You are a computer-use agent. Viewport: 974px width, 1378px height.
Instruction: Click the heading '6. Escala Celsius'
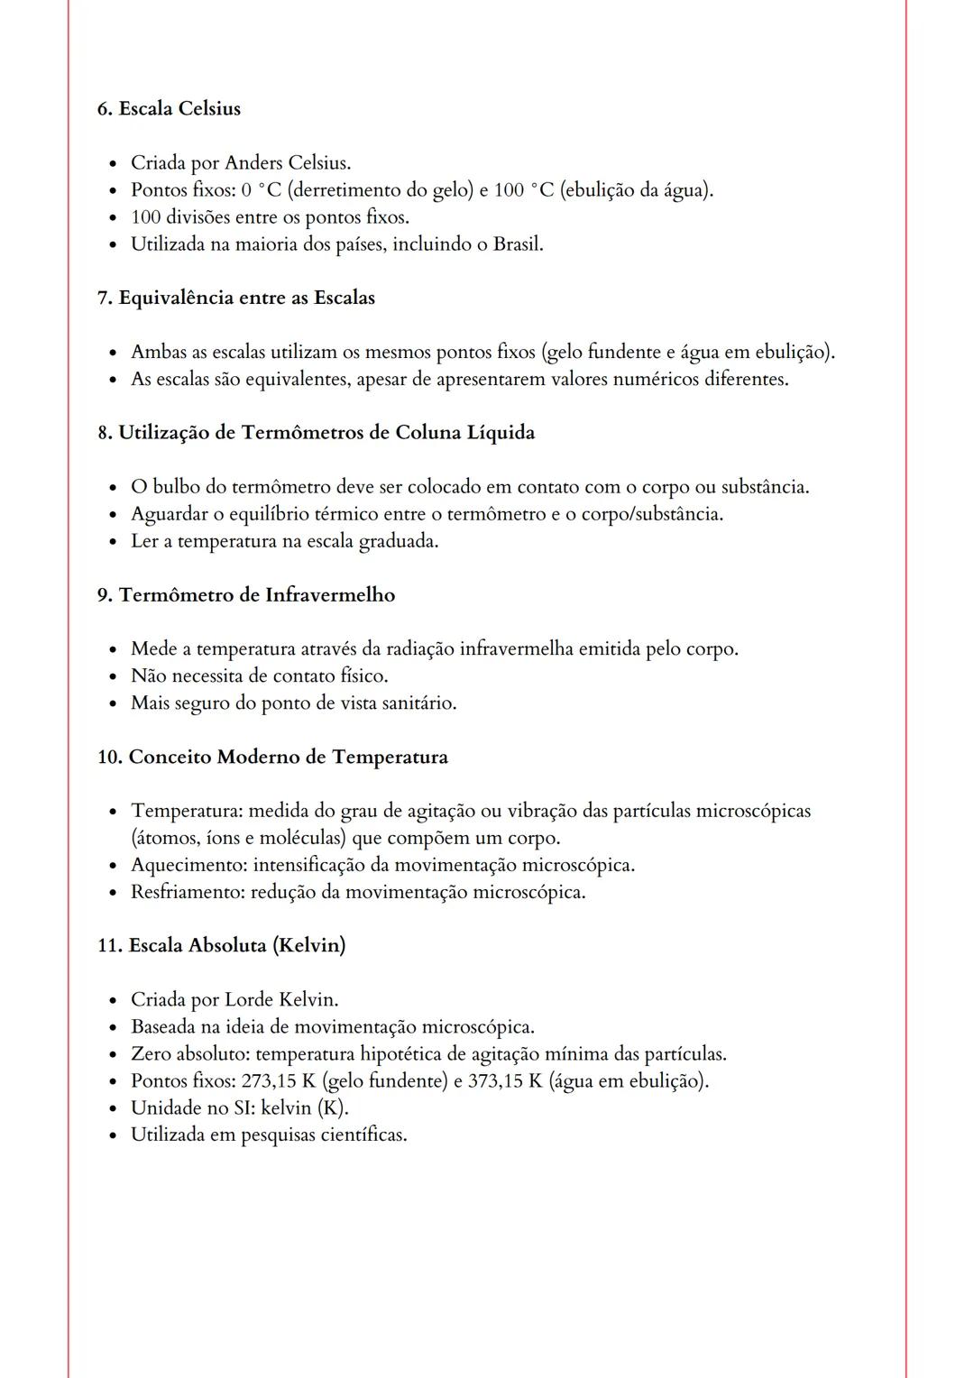pyautogui.click(x=169, y=108)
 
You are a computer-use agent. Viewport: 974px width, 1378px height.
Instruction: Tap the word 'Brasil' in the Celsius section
pyautogui.click(x=517, y=244)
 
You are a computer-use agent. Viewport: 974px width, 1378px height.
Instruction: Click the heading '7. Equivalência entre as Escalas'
pyautogui.click(x=236, y=298)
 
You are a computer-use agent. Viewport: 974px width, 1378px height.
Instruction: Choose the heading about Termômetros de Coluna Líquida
pyautogui.click(x=316, y=433)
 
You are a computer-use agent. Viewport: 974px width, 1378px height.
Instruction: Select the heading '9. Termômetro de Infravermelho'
pyautogui.click(x=246, y=595)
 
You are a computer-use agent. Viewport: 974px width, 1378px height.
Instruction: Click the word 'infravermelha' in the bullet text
pyautogui.click(x=516, y=649)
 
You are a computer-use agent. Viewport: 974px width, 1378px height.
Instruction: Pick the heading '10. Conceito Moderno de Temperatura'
pyautogui.click(x=272, y=757)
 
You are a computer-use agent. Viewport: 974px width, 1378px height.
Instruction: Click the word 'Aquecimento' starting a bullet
pyautogui.click(x=188, y=866)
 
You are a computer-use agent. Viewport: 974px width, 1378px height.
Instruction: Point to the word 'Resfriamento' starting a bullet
pyautogui.click(x=188, y=893)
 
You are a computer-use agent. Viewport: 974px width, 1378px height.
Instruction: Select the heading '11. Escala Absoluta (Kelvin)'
pyautogui.click(x=222, y=945)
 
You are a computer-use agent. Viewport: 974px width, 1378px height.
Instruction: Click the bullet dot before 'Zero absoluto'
pyautogui.click(x=112, y=1055)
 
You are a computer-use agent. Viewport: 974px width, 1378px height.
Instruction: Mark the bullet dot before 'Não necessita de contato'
pyautogui.click(x=112, y=677)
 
